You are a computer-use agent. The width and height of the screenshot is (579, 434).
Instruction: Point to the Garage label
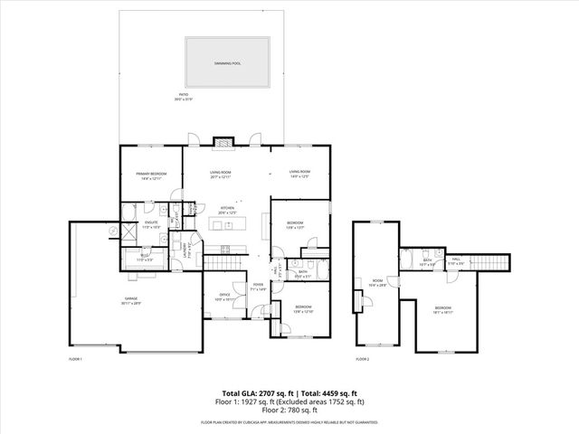coord(132,302)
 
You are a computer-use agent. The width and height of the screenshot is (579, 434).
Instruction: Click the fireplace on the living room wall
coord(223,142)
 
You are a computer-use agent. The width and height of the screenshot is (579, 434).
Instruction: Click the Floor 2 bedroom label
coord(442,309)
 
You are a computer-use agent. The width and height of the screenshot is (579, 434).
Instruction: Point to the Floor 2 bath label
coord(427,262)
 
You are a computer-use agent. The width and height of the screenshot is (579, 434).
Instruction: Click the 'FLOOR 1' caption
coord(76,359)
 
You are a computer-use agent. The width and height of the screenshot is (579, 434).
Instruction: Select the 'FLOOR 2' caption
coord(363,359)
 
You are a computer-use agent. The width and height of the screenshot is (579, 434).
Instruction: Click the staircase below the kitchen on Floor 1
coord(223,262)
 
